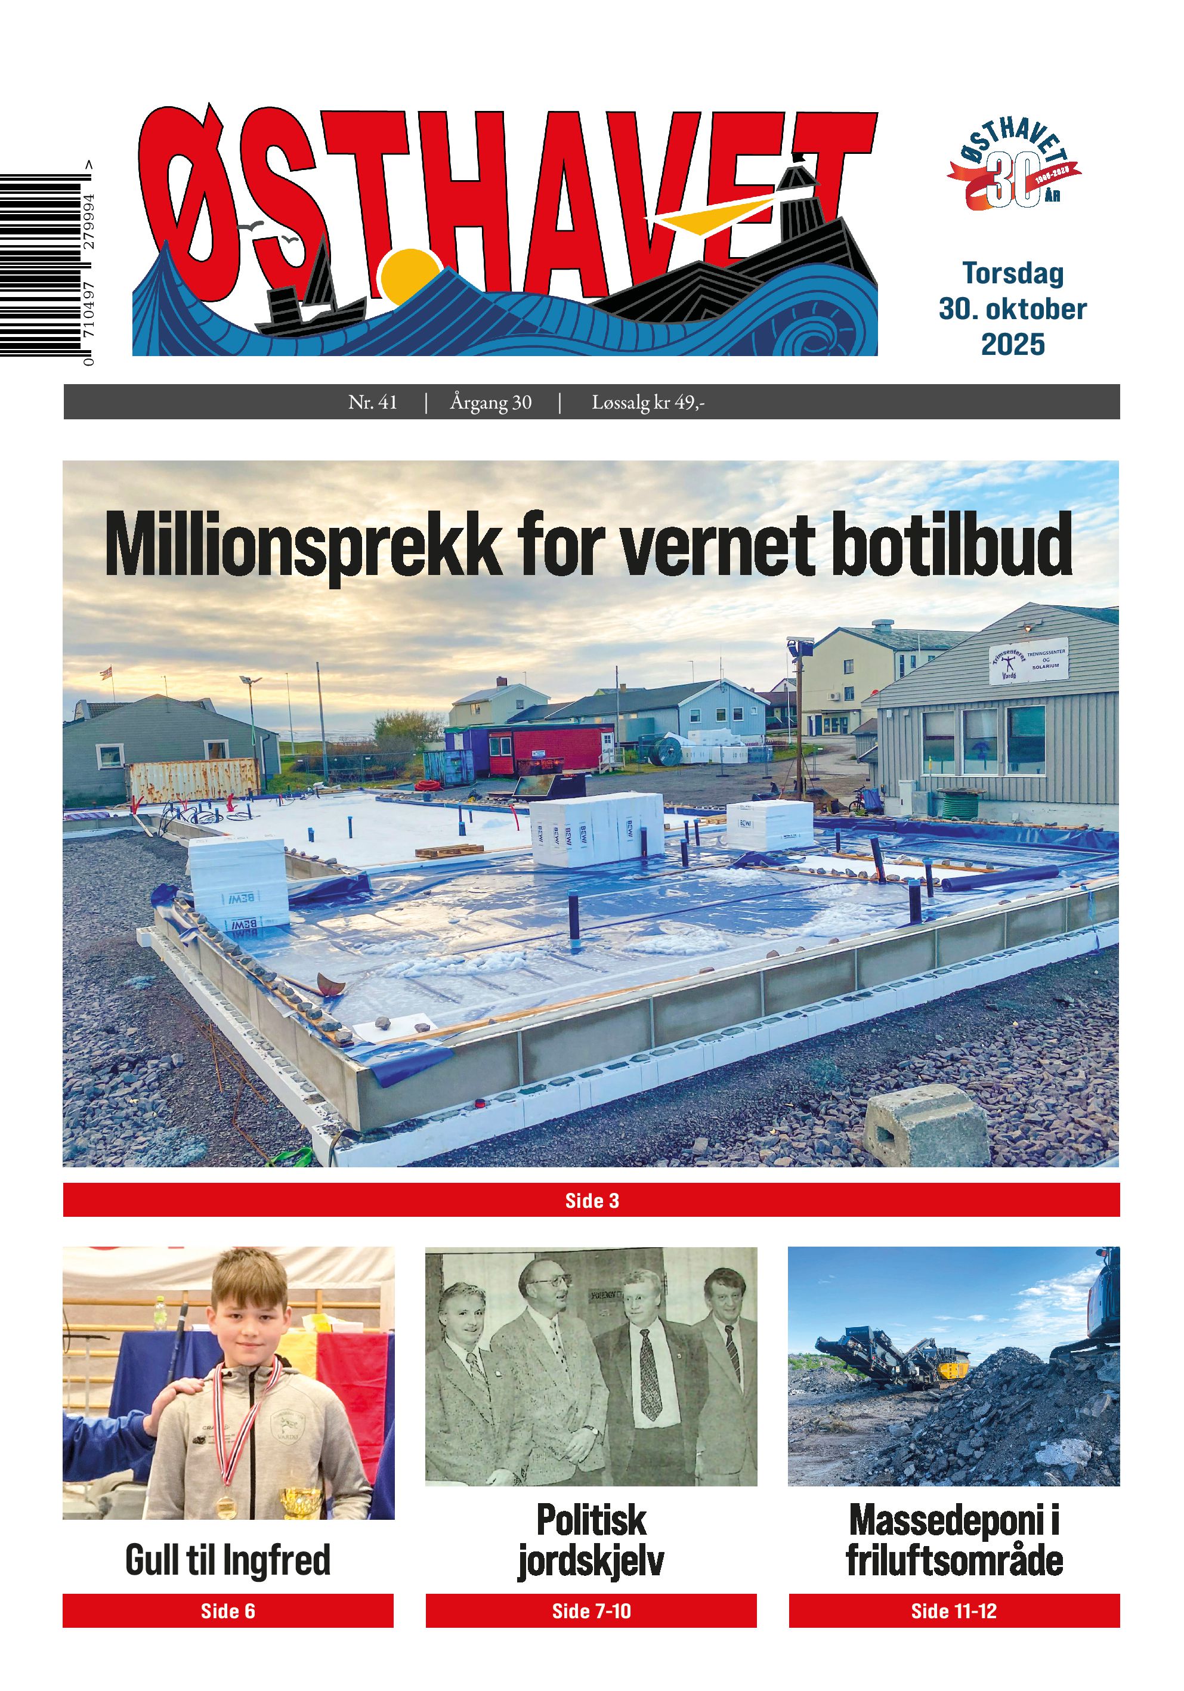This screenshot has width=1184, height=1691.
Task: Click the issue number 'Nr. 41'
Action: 373,402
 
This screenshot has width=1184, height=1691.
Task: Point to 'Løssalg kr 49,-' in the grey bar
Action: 648,402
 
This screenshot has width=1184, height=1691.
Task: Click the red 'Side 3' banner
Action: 591,1201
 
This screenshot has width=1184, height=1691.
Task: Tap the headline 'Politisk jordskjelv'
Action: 591,1541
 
